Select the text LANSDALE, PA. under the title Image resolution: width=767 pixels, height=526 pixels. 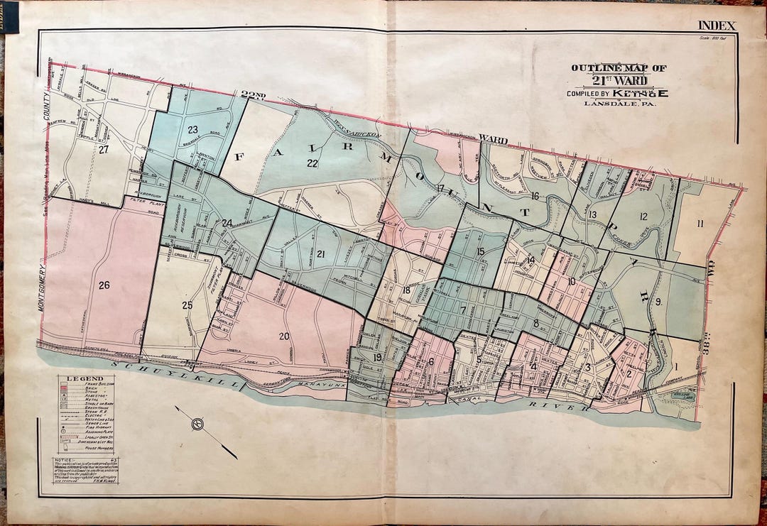click(x=619, y=104)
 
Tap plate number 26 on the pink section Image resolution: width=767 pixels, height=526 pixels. click(x=104, y=285)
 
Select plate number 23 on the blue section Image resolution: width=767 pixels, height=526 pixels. click(x=192, y=130)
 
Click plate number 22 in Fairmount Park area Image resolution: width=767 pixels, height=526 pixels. click(x=312, y=163)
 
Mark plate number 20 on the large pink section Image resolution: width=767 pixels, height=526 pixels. click(x=284, y=336)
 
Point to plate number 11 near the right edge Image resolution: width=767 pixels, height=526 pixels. click(x=700, y=224)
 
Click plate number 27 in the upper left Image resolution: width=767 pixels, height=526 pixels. click(x=104, y=150)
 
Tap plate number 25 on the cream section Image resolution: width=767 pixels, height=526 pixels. click(x=187, y=305)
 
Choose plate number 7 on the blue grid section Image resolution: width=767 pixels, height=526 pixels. click(x=462, y=310)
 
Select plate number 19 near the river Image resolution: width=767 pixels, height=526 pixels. click(x=377, y=357)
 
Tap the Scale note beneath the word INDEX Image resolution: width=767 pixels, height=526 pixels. click(x=717, y=37)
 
